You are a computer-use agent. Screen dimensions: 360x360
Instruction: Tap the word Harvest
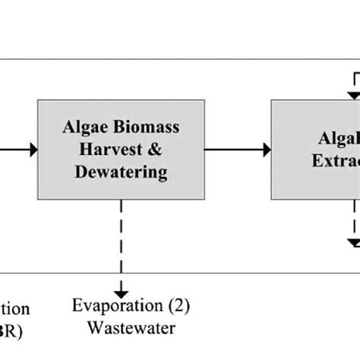tap(106, 149)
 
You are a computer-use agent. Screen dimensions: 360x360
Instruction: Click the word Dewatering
tap(121, 172)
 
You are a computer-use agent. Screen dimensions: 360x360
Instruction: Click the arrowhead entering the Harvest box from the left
tap(33, 150)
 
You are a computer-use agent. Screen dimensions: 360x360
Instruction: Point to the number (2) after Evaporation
tap(179, 306)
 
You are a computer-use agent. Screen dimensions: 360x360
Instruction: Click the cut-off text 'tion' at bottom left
tap(15, 309)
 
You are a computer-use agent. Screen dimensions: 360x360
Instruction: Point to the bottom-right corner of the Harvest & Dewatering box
tap(204, 199)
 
